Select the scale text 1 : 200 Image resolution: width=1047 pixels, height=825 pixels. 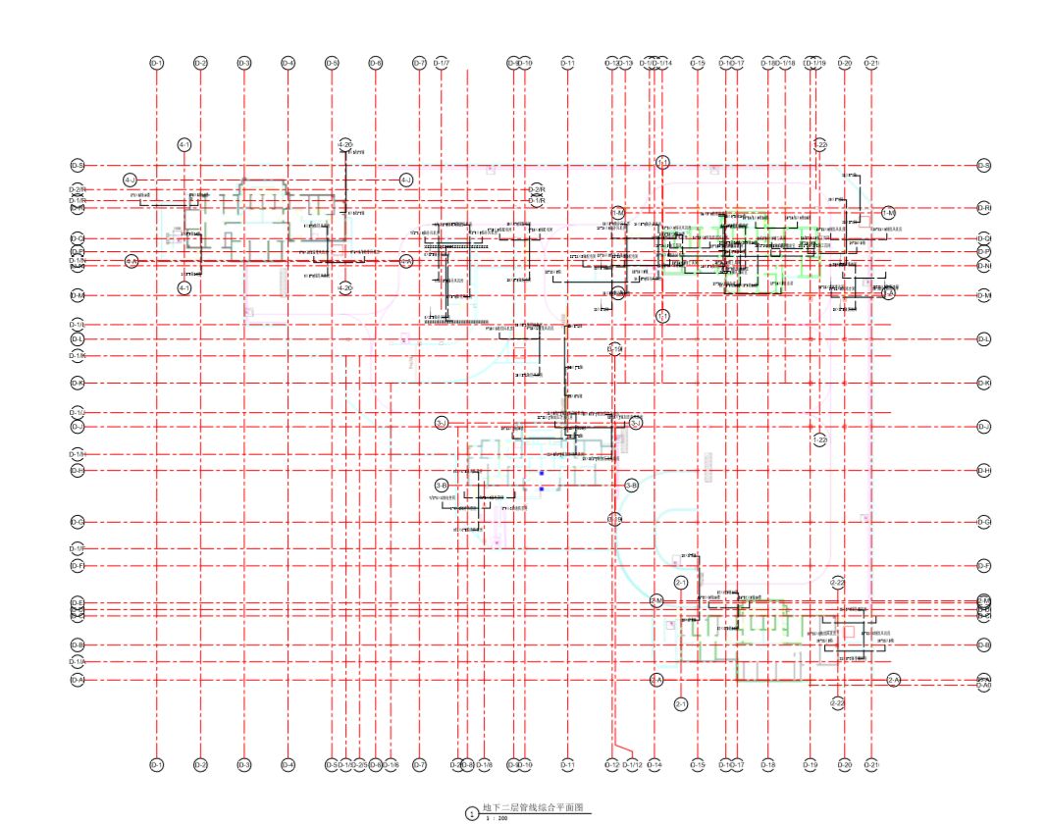[497, 817]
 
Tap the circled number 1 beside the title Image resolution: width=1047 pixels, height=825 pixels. [472, 813]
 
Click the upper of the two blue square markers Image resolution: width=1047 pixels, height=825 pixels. [541, 473]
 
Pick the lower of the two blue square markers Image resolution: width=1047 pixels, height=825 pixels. [541, 488]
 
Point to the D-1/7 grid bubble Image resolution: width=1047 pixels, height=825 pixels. [441, 64]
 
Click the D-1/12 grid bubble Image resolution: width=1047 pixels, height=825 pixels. [632, 764]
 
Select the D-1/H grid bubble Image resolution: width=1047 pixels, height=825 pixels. [78, 454]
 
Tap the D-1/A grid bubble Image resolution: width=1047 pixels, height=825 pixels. [78, 662]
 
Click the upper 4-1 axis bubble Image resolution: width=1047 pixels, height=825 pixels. [184, 145]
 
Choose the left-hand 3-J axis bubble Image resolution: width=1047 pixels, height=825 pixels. [442, 423]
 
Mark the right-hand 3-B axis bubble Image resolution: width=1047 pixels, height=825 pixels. [631, 486]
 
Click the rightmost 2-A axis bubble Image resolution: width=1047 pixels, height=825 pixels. [894, 680]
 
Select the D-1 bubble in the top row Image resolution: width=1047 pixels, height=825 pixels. [156, 64]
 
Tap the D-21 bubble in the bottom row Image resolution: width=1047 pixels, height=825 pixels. [871, 764]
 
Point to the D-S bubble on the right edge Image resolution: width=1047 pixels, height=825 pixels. [983, 166]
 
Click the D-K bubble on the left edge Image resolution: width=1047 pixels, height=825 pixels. [78, 383]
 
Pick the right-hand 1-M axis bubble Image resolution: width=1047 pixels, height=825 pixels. [888, 213]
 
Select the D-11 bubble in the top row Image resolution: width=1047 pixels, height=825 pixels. [567, 64]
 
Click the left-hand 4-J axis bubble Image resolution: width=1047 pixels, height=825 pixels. [131, 180]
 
